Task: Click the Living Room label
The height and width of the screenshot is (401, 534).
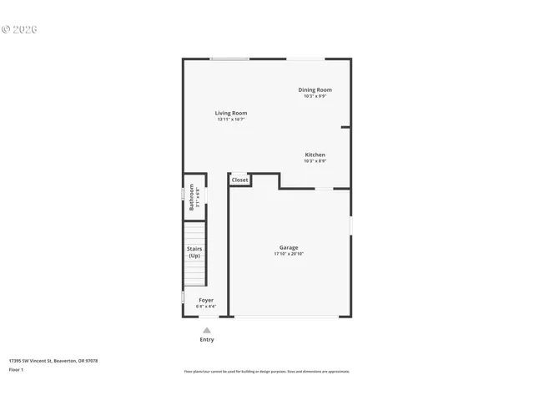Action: [231, 113]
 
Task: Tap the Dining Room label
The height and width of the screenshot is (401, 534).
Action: [315, 90]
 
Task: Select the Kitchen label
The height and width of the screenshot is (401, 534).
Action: [315, 155]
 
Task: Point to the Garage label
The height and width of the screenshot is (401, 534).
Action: [289, 247]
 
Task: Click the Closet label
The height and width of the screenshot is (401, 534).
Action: [239, 180]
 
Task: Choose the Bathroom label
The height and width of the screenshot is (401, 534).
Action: [191, 196]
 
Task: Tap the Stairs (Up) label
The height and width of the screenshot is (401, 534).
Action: [194, 251]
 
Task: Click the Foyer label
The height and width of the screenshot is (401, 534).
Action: [205, 300]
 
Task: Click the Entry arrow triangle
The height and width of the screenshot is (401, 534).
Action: [207, 330]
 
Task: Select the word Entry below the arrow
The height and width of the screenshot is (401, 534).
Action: [207, 340]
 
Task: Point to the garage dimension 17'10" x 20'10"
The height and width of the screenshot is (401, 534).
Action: [289, 254]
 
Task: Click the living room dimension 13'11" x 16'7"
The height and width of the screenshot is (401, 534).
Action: [231, 119]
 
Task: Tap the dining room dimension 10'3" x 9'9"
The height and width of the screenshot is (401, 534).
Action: [315, 96]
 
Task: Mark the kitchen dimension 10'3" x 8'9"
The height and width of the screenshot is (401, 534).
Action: [315, 161]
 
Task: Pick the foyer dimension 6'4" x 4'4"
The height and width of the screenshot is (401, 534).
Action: [205, 307]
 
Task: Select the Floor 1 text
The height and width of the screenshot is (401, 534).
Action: [16, 369]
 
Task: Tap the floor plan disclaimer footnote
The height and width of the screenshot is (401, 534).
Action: [267, 372]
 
